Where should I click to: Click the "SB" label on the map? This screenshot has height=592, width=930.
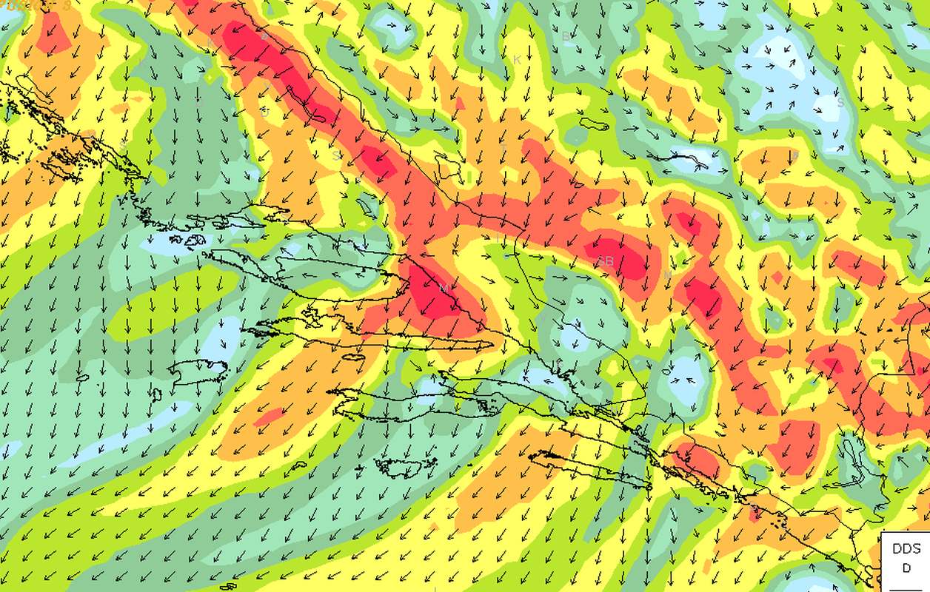click(605, 260)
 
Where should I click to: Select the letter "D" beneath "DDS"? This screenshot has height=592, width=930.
click(906, 568)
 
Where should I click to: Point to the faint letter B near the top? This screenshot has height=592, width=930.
click(566, 36)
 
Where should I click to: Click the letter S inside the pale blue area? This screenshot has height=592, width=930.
click(840, 102)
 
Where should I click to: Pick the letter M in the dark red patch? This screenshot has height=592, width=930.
click(443, 287)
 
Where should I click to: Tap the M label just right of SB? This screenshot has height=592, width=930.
click(667, 275)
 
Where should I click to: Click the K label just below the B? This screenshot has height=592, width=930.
click(517, 59)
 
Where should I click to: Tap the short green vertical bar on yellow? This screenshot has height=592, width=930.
click(469, 177)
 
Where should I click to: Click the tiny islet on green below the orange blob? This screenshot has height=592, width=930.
click(298, 465)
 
